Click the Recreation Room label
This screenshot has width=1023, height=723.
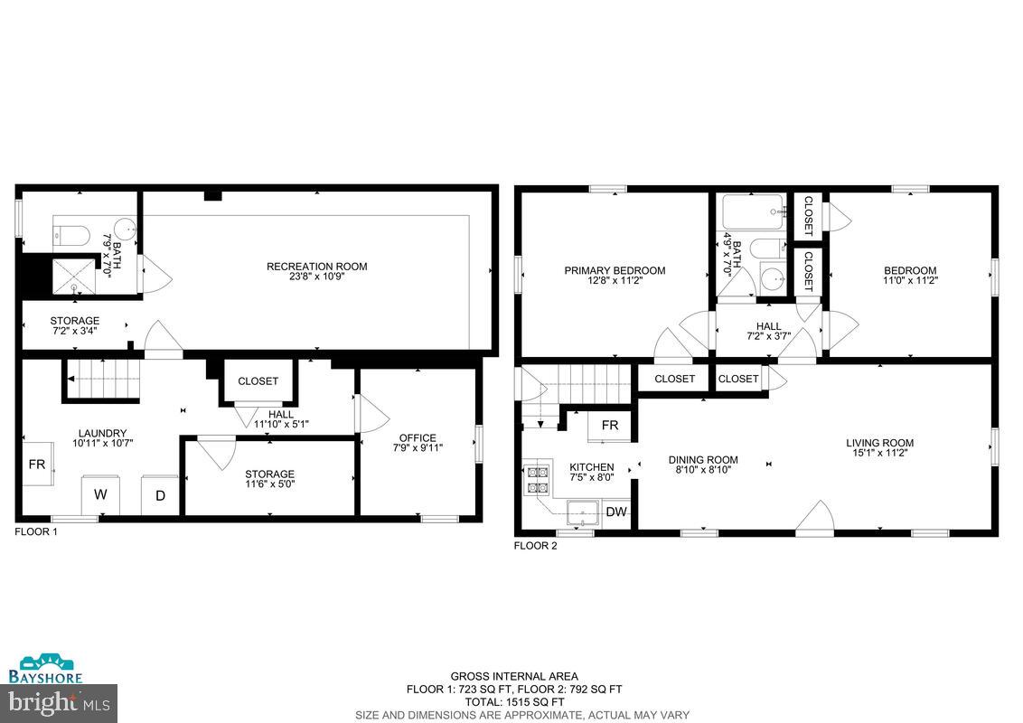point(316,266)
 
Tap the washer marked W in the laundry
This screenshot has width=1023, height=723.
point(100,495)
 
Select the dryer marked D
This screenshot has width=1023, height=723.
point(160,495)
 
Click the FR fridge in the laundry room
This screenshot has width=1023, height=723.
point(37,465)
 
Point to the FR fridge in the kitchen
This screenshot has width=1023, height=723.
point(610,426)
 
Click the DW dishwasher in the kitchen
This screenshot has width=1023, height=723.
point(616,512)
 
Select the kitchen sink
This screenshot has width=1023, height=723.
point(583,512)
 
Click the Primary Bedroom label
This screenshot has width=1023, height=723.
point(615,270)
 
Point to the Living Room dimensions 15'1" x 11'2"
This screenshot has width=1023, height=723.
point(879,454)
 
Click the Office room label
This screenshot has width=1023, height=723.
point(417,438)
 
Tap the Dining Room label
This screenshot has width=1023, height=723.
point(703,460)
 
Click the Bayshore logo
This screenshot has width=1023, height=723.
point(45,670)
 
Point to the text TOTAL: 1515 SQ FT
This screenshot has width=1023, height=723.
point(514,701)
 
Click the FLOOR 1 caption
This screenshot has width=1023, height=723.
point(36,532)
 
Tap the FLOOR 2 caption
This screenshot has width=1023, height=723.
point(536,545)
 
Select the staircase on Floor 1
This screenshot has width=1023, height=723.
point(101,378)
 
